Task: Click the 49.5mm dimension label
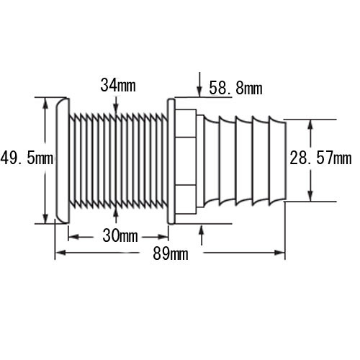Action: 27,158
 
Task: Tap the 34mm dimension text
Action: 118,85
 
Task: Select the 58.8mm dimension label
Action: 235,88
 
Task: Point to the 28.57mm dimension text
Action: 320,158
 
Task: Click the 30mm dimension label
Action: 120,235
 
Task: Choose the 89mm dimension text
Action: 171,253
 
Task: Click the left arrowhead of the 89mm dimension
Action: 60,253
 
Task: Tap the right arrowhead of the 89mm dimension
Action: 280,253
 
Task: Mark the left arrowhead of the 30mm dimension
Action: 73,237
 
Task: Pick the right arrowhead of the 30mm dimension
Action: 163,237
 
